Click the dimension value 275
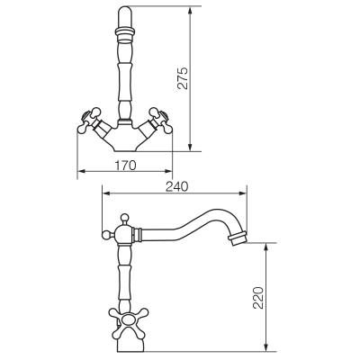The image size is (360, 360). (x=183, y=78)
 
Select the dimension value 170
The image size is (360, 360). (x=125, y=166)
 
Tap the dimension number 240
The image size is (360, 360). (x=176, y=186)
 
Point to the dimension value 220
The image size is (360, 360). (x=258, y=298)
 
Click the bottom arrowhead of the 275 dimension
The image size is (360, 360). (x=190, y=147)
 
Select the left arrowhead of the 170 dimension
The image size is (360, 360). (x=82, y=171)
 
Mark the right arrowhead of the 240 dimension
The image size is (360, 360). (x=242, y=193)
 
